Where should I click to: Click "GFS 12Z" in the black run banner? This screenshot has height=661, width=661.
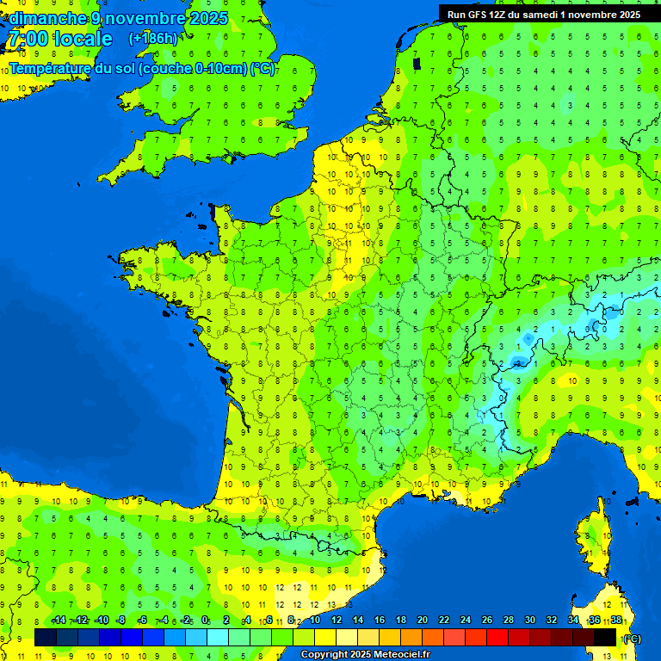(485, 15)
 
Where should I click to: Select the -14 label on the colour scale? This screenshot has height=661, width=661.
(59, 621)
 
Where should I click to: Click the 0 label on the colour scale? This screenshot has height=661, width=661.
(205, 621)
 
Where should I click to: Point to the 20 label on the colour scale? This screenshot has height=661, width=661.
(422, 621)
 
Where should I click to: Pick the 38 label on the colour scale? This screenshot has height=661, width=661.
(616, 621)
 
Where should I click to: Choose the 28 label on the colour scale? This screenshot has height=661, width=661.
(508, 621)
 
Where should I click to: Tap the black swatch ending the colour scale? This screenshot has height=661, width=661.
(606, 637)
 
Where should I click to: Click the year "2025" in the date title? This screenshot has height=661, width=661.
(207, 18)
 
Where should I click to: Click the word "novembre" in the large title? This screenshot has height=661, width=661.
(146, 18)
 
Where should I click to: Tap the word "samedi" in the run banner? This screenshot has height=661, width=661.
(543, 15)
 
